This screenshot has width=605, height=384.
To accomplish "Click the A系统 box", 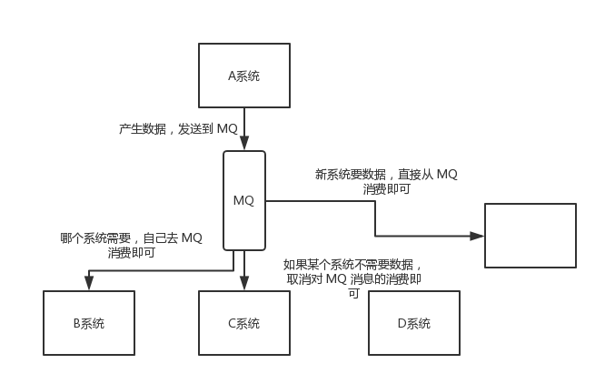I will [243, 76].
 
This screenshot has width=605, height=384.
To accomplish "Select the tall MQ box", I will [244, 200].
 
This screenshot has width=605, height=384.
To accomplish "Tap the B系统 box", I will [89, 323].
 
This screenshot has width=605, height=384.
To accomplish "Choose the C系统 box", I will [243, 323].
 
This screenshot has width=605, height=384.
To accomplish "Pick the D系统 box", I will [413, 323].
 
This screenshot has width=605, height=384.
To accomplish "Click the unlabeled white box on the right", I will [530, 235].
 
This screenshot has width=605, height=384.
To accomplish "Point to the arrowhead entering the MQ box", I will [244, 145].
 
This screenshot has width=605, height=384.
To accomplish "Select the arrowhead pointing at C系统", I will [244, 285].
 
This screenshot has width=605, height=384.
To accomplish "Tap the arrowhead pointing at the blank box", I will [477, 236].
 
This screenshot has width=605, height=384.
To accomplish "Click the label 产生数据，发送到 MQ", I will [178, 129].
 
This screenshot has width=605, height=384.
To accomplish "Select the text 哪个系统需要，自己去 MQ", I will [132, 238].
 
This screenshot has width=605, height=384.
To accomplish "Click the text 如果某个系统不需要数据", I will [353, 265].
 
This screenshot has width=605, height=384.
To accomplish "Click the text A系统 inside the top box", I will [243, 76].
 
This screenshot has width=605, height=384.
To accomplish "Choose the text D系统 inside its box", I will [413, 323].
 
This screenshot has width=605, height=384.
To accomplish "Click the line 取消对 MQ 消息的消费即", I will [353, 279].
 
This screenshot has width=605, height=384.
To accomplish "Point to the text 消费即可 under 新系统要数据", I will [387, 189].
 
